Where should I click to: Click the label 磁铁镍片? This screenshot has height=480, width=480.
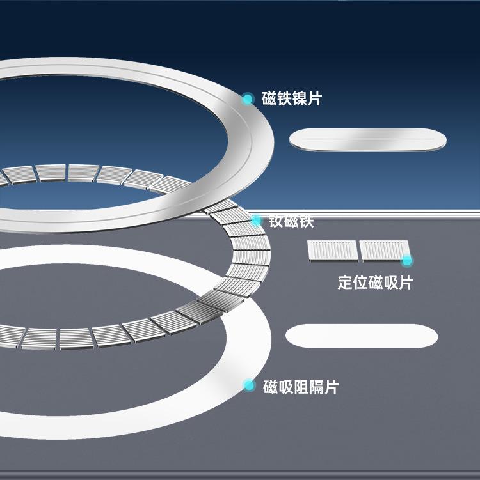tap(292, 99)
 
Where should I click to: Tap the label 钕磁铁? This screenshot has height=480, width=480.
tap(291, 222)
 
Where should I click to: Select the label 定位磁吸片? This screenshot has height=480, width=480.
tap(375, 283)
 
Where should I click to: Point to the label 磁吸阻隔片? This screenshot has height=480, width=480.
tap(301, 387)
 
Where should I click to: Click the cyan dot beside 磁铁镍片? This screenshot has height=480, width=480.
tap(248, 99)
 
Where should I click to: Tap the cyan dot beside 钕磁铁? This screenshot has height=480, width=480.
tap(256, 221)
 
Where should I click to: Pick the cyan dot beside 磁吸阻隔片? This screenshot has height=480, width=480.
tap(250, 385)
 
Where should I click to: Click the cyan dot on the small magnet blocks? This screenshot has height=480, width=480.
tap(406, 260)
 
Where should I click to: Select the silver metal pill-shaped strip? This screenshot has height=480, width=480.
tap(368, 140)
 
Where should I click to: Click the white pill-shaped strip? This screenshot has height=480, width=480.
tap(362, 336)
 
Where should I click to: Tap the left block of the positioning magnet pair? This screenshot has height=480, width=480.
tap(332, 250)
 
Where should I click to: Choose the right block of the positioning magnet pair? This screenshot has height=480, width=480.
tap(383, 250)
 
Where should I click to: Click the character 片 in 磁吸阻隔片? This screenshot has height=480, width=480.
tap(332, 387)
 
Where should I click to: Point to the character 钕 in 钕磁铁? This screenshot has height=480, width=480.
tap(276, 222)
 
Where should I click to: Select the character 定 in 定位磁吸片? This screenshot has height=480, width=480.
tap(346, 283)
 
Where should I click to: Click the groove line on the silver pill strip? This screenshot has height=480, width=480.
tap(368, 138)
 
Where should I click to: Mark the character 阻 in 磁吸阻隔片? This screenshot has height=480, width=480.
tap(301, 387)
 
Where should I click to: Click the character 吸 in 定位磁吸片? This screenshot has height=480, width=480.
tap(390, 283)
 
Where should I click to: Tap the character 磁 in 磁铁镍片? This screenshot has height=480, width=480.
tap(269, 99)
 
